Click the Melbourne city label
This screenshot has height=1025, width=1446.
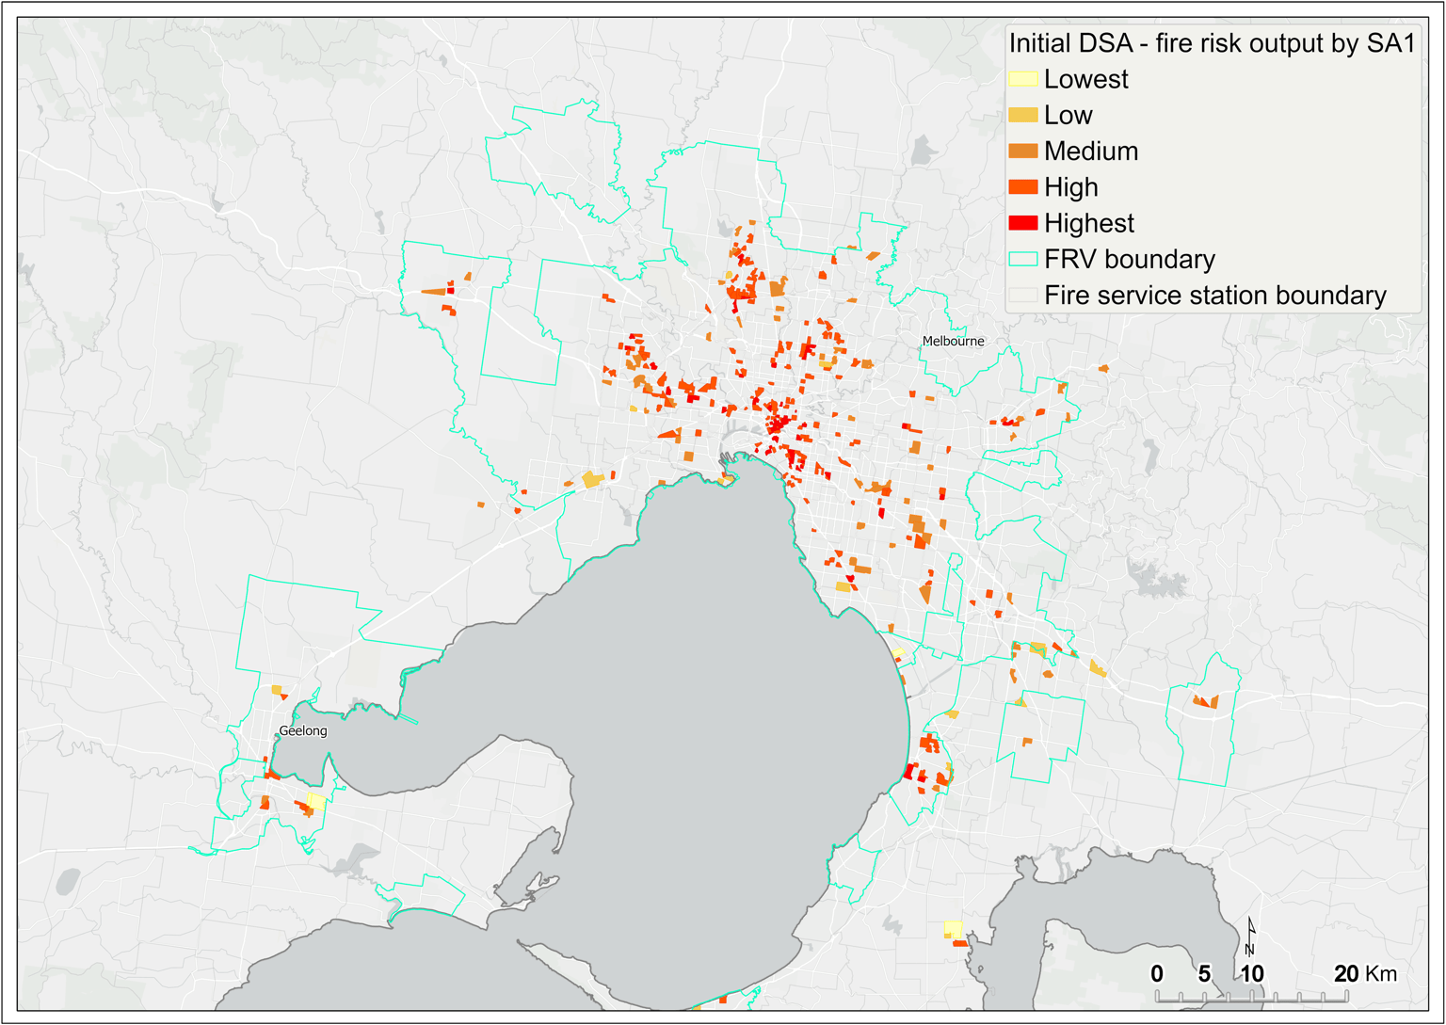(953, 341)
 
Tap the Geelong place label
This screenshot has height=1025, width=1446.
(303, 730)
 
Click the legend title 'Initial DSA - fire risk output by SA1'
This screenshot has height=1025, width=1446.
(1212, 43)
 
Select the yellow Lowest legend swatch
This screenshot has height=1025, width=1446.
(1023, 79)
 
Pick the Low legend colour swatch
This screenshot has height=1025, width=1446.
(1023, 115)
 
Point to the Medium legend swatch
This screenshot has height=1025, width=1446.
(1023, 151)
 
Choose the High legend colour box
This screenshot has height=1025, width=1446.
(1023, 187)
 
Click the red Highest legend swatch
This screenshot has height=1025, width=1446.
(1023, 223)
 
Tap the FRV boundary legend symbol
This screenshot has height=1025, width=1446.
(1023, 259)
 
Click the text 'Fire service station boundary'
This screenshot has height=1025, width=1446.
(1214, 296)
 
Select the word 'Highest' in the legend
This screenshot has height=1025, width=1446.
(1088, 223)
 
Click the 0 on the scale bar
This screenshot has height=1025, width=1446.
(1157, 974)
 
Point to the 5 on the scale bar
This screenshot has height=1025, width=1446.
(1204, 974)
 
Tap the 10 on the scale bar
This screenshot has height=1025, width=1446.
(1251, 974)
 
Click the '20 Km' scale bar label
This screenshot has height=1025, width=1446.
(1365, 974)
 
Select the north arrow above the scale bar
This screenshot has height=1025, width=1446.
(1251, 936)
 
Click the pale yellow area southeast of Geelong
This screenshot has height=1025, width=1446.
(316, 801)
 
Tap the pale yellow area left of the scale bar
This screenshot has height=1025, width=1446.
(954, 929)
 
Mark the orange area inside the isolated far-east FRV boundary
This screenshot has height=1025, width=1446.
(1205, 701)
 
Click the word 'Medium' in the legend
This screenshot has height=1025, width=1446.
(1090, 151)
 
